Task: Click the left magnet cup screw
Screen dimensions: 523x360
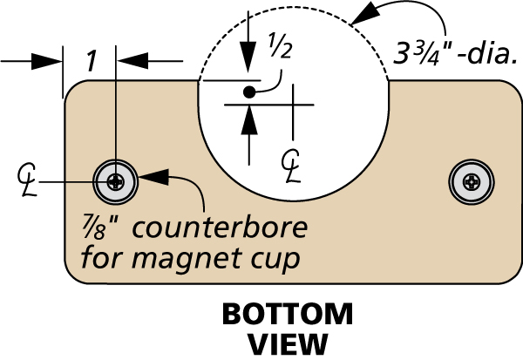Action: coord(116,181)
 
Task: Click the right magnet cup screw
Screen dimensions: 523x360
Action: coord(471,181)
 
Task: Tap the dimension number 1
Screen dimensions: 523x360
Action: coord(90,61)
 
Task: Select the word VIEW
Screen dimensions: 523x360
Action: coord(288,343)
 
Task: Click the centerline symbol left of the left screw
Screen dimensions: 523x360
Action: coord(27,179)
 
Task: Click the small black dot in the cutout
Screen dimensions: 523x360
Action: coord(249,91)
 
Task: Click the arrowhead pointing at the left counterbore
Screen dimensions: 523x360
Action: coord(151,177)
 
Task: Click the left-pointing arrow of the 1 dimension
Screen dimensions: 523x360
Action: coord(130,61)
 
